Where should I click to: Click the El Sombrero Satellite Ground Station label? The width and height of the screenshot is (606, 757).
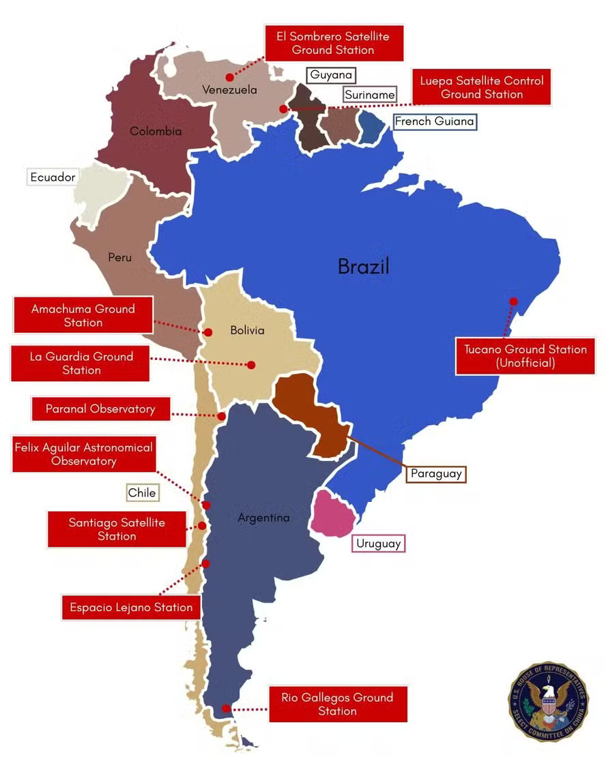[x=333, y=43]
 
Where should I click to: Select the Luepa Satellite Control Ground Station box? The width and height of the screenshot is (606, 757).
[x=481, y=87]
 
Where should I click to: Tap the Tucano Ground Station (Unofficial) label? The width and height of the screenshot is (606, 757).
[x=525, y=356]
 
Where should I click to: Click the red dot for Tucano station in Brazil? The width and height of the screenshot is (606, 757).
[x=513, y=301]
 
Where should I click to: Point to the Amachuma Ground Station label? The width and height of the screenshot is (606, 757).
[x=83, y=315]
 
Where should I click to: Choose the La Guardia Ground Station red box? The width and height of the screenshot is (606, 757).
[x=81, y=363]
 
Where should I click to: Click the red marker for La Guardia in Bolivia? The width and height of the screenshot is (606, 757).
[x=251, y=365]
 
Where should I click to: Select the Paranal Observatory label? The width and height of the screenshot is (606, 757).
[x=100, y=409]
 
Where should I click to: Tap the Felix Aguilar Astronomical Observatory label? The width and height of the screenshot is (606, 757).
[x=83, y=454]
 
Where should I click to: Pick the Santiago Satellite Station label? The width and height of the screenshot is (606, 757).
[x=117, y=529]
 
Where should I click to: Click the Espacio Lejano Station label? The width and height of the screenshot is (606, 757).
[x=131, y=607]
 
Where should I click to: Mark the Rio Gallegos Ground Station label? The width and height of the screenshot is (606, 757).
[x=337, y=704]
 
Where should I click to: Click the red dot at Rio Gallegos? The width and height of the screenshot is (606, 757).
[x=226, y=709]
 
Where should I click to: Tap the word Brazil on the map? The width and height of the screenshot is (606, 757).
[x=363, y=266]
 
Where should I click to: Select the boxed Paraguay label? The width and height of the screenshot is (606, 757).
[x=436, y=473]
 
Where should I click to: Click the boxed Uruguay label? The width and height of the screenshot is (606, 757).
[x=378, y=544]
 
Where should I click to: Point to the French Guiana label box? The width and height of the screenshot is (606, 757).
[x=434, y=121]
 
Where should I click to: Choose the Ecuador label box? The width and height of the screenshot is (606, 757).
[x=52, y=177]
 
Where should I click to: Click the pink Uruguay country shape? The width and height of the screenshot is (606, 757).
[x=332, y=514]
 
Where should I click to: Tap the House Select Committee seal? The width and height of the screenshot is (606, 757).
[x=548, y=700]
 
